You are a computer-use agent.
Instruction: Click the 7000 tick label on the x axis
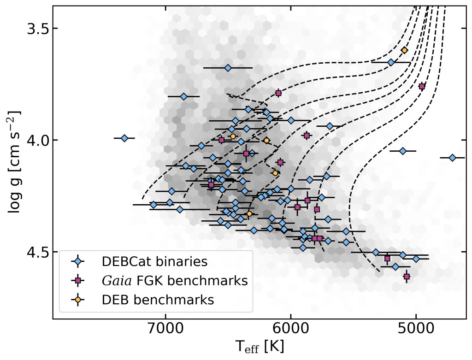pyautogui.click(x=165, y=331)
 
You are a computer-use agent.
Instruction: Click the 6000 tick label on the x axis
pyautogui.click(x=291, y=331)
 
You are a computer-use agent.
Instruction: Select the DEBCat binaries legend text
pyautogui.click(x=154, y=262)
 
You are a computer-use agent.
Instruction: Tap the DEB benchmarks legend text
pyautogui.click(x=158, y=300)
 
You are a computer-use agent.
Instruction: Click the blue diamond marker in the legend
pyautogui.click(x=78, y=262)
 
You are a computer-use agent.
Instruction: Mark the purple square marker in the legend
pyautogui.click(x=78, y=281)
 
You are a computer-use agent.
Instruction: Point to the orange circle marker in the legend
pyautogui.click(x=78, y=300)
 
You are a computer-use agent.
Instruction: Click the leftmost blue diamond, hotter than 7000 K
pyautogui.click(x=124, y=138)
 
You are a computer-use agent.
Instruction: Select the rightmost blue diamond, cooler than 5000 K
pyautogui.click(x=452, y=158)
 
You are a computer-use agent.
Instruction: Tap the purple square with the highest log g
pyautogui.click(x=407, y=277)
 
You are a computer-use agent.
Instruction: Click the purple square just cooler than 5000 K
pyautogui.click(x=422, y=86)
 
